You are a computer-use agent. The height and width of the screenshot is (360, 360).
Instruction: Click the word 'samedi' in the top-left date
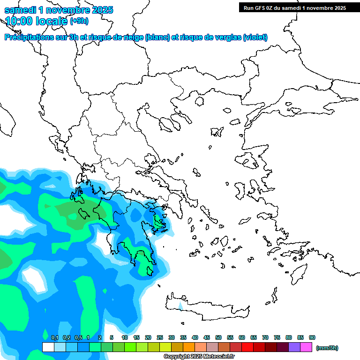21,10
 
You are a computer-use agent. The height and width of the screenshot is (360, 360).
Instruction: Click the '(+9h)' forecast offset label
79,21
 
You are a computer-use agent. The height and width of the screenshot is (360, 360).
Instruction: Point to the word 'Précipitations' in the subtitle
29,37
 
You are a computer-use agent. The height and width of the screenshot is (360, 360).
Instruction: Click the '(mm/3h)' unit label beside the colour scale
327,348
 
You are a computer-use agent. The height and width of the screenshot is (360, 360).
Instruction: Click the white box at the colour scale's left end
48,347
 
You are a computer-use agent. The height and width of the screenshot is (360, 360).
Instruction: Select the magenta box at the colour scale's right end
306,347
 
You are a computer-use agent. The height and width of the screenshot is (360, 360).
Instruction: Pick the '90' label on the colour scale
312,337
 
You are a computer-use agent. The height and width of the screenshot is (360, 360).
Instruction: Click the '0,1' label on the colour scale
54,337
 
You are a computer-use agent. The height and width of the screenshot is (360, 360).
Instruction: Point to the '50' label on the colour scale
218,337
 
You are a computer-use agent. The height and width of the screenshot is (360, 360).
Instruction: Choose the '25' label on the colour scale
160,337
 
